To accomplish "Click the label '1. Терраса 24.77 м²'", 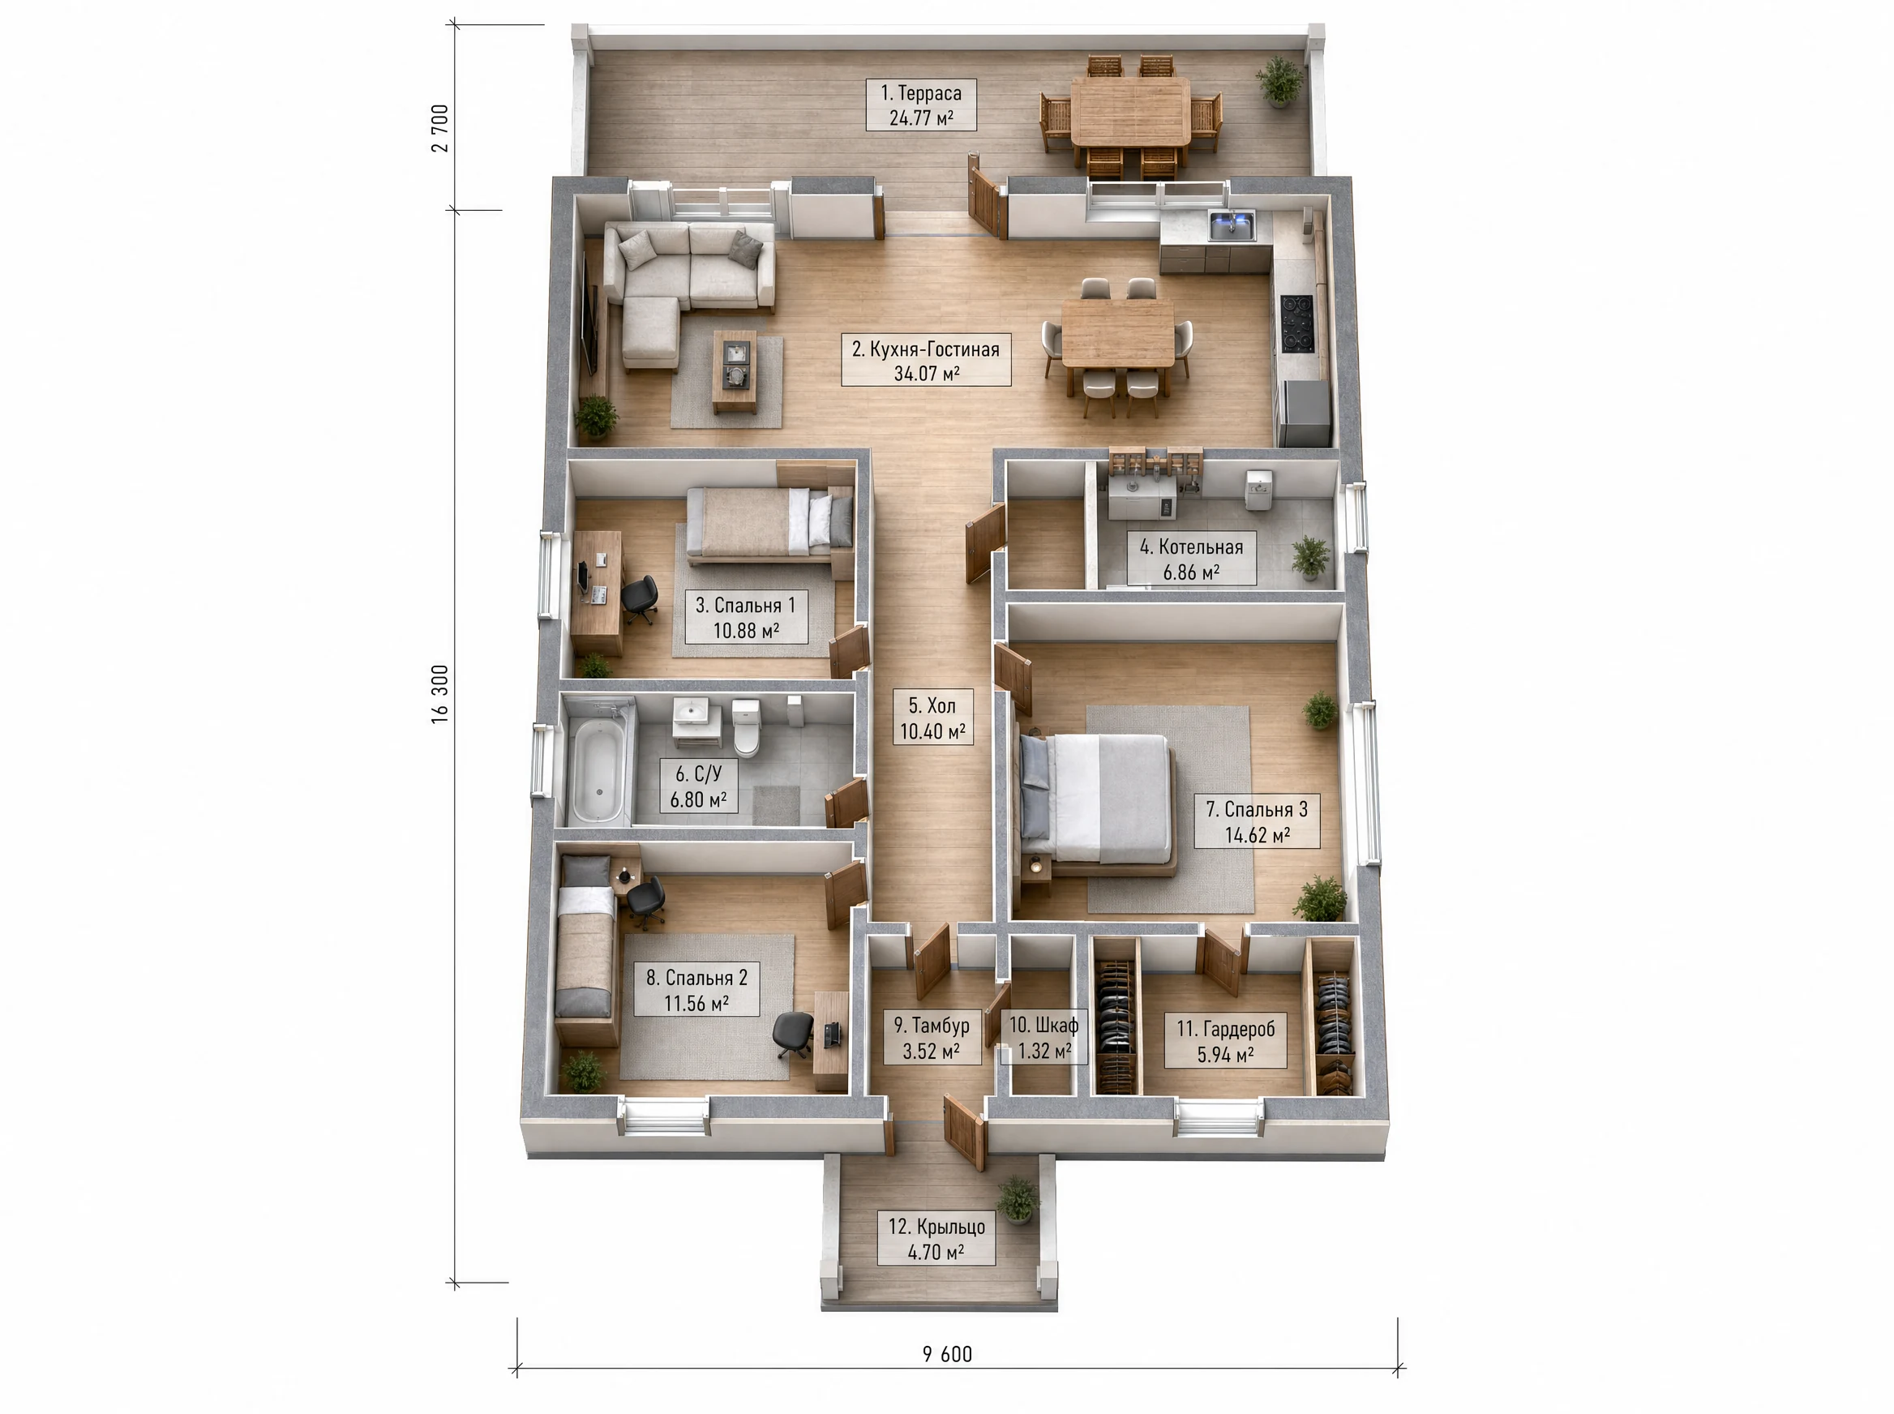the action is click(x=921, y=105).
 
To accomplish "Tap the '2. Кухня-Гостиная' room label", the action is click(x=926, y=360).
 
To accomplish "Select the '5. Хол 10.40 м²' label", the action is click(x=932, y=718).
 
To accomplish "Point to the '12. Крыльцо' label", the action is click(x=936, y=1239).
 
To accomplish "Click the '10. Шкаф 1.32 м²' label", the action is click(x=1043, y=1037).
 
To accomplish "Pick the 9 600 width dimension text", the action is click(x=948, y=1354).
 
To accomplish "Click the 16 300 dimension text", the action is click(x=440, y=694).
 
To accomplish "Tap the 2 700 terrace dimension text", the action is click(x=440, y=127).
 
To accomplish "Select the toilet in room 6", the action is click(x=746, y=728).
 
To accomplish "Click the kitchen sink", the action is click(x=1232, y=227).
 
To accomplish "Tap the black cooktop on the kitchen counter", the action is click(x=1297, y=323).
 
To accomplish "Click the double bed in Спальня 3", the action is click(x=1096, y=801).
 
